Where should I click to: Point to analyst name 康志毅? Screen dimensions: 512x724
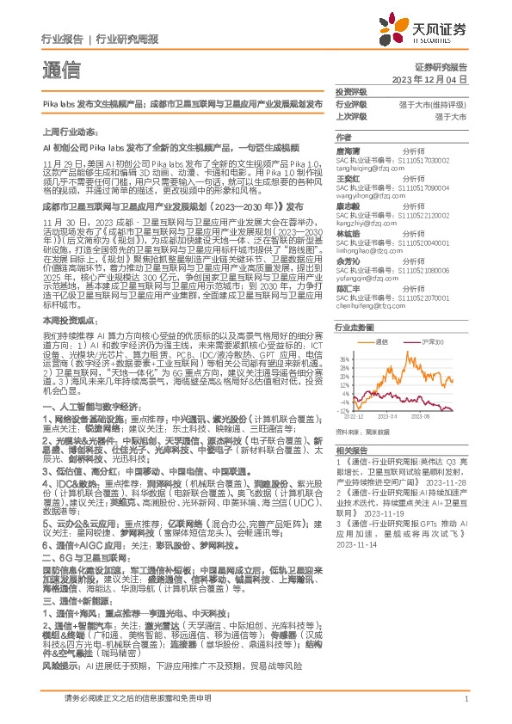(347, 207)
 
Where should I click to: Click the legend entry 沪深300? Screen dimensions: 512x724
(437, 341)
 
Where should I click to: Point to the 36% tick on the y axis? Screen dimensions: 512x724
(345, 359)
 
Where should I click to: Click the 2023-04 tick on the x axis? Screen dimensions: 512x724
(402, 417)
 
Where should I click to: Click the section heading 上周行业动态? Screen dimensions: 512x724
(62, 135)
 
